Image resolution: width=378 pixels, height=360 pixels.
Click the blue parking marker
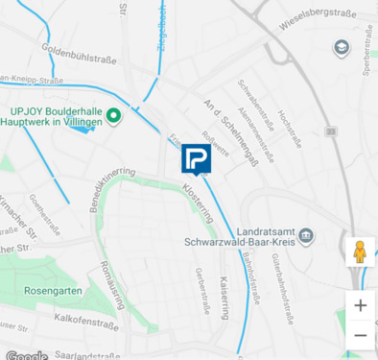tap(196, 159)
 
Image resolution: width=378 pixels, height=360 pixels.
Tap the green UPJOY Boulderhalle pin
tap(113, 117)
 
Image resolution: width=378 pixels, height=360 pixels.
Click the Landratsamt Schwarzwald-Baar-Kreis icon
tap(305, 235)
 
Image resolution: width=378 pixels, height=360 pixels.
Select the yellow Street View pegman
tap(360, 252)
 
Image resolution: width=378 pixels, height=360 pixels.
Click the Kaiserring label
tap(225, 300)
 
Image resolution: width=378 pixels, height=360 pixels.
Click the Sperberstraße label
tap(366, 57)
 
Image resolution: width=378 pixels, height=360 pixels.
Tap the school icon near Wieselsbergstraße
tap(342, 48)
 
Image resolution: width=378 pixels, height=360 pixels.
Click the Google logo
tap(26, 355)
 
